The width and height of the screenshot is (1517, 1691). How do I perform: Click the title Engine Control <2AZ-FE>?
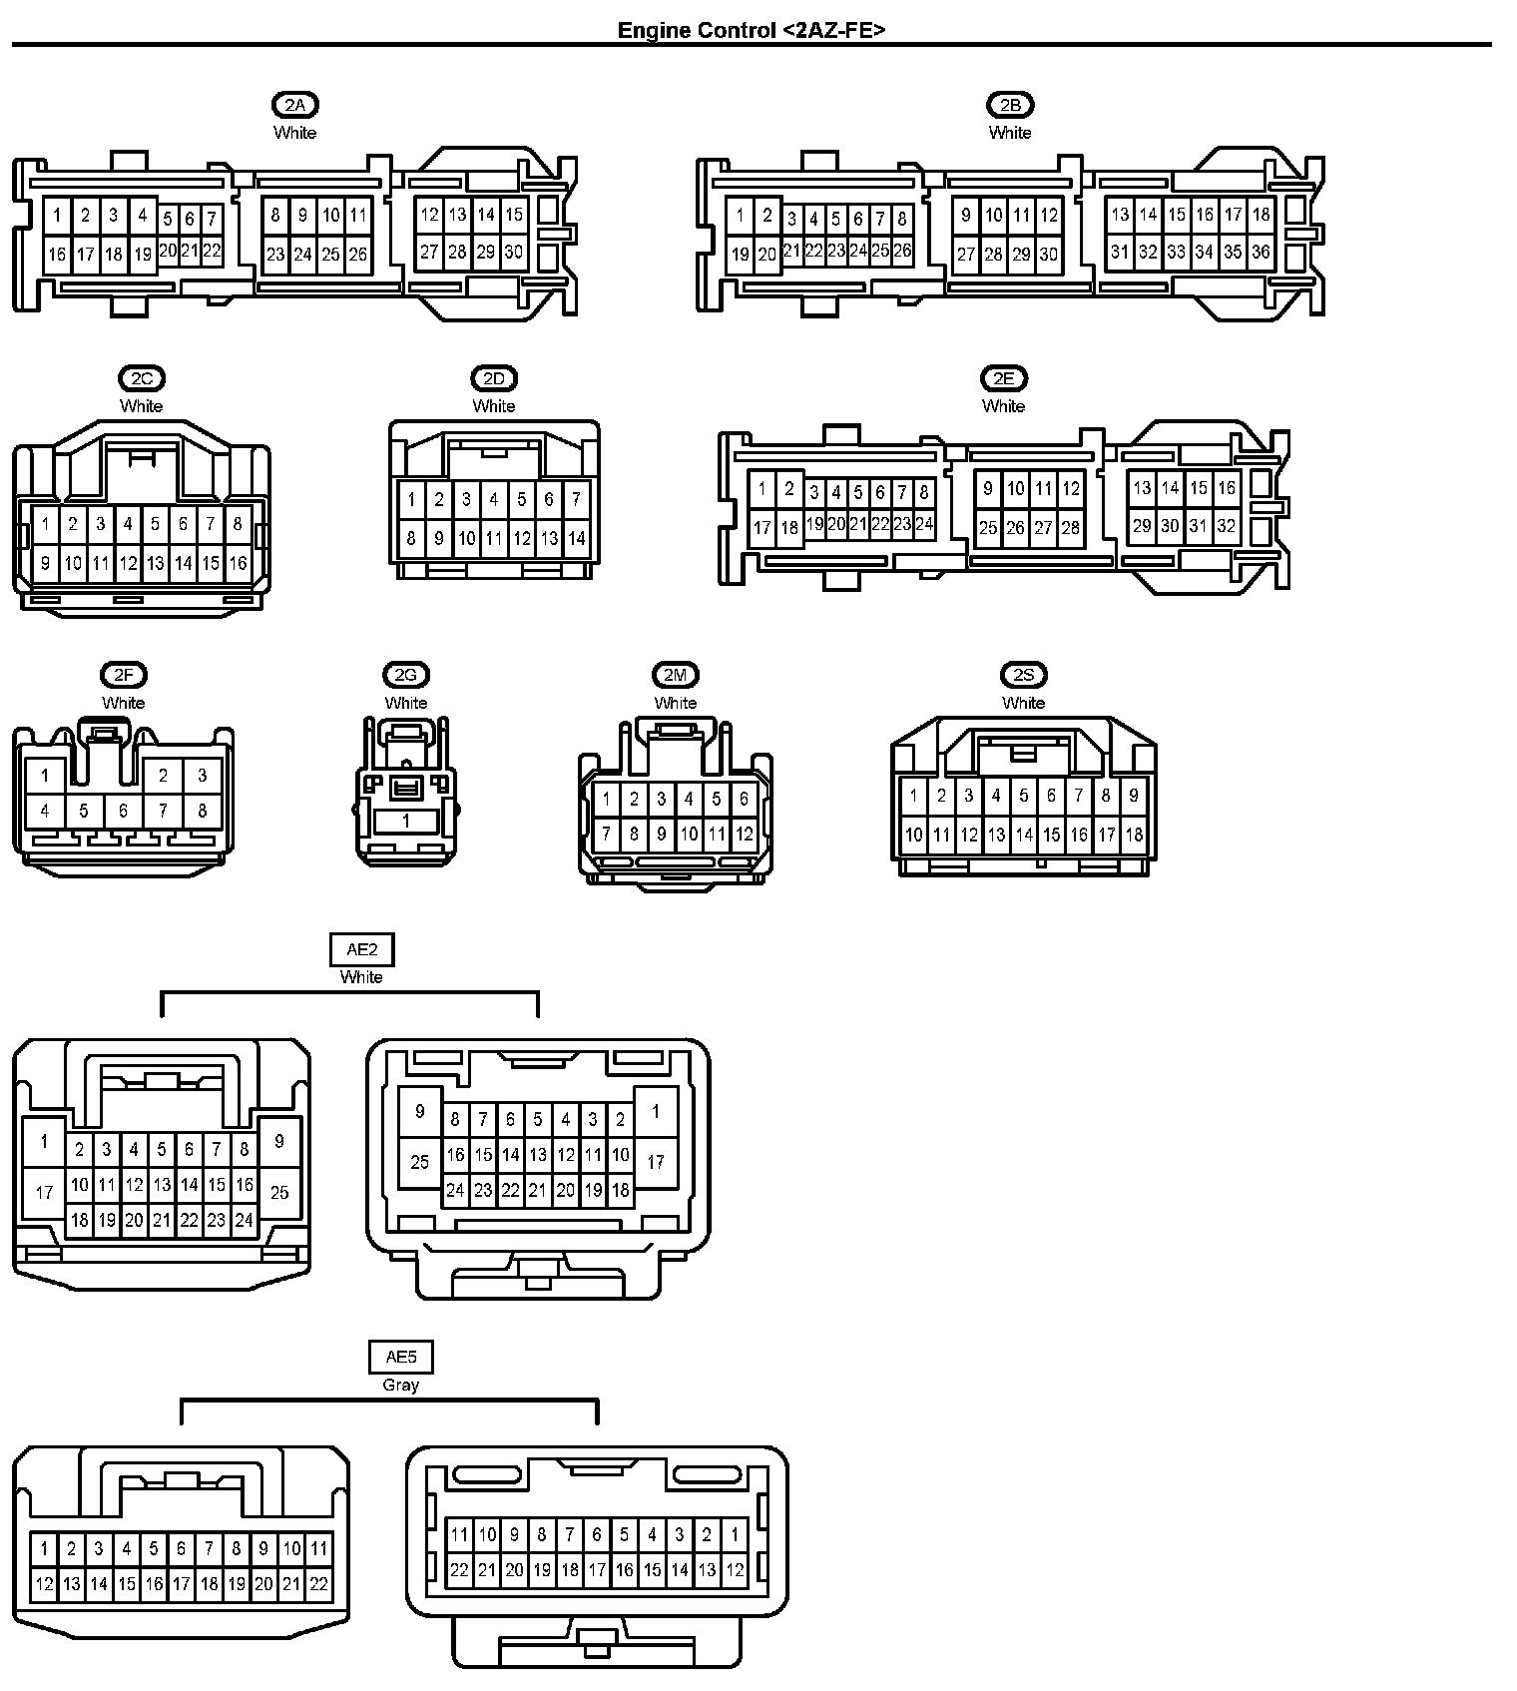click(751, 29)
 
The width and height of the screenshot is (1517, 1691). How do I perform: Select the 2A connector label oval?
click(294, 105)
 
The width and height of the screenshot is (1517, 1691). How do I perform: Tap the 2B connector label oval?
click(1010, 105)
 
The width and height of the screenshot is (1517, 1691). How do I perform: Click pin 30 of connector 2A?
click(513, 253)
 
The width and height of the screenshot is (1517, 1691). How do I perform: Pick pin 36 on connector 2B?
click(1261, 253)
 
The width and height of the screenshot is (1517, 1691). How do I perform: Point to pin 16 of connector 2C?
click(238, 563)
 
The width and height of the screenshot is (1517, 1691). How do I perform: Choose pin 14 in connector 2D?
click(576, 539)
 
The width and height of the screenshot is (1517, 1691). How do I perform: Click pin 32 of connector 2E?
click(1227, 526)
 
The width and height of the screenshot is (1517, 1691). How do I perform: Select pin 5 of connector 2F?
click(84, 812)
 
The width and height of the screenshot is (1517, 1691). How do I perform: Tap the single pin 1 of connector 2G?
click(406, 821)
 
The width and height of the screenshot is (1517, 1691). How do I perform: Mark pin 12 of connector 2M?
click(744, 835)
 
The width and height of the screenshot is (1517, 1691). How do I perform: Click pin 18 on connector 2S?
click(1134, 835)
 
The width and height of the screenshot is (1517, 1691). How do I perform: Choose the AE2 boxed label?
click(361, 949)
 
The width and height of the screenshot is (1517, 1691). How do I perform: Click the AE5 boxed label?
click(400, 1357)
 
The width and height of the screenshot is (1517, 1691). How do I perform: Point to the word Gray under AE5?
click(400, 1385)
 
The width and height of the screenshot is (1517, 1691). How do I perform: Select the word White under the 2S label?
click(1023, 703)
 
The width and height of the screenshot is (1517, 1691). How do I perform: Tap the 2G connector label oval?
click(405, 676)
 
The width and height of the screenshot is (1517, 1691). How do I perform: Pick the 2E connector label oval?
click(1003, 378)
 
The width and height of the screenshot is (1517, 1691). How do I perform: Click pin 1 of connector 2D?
click(411, 500)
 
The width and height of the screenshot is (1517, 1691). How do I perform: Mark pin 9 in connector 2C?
click(45, 563)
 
